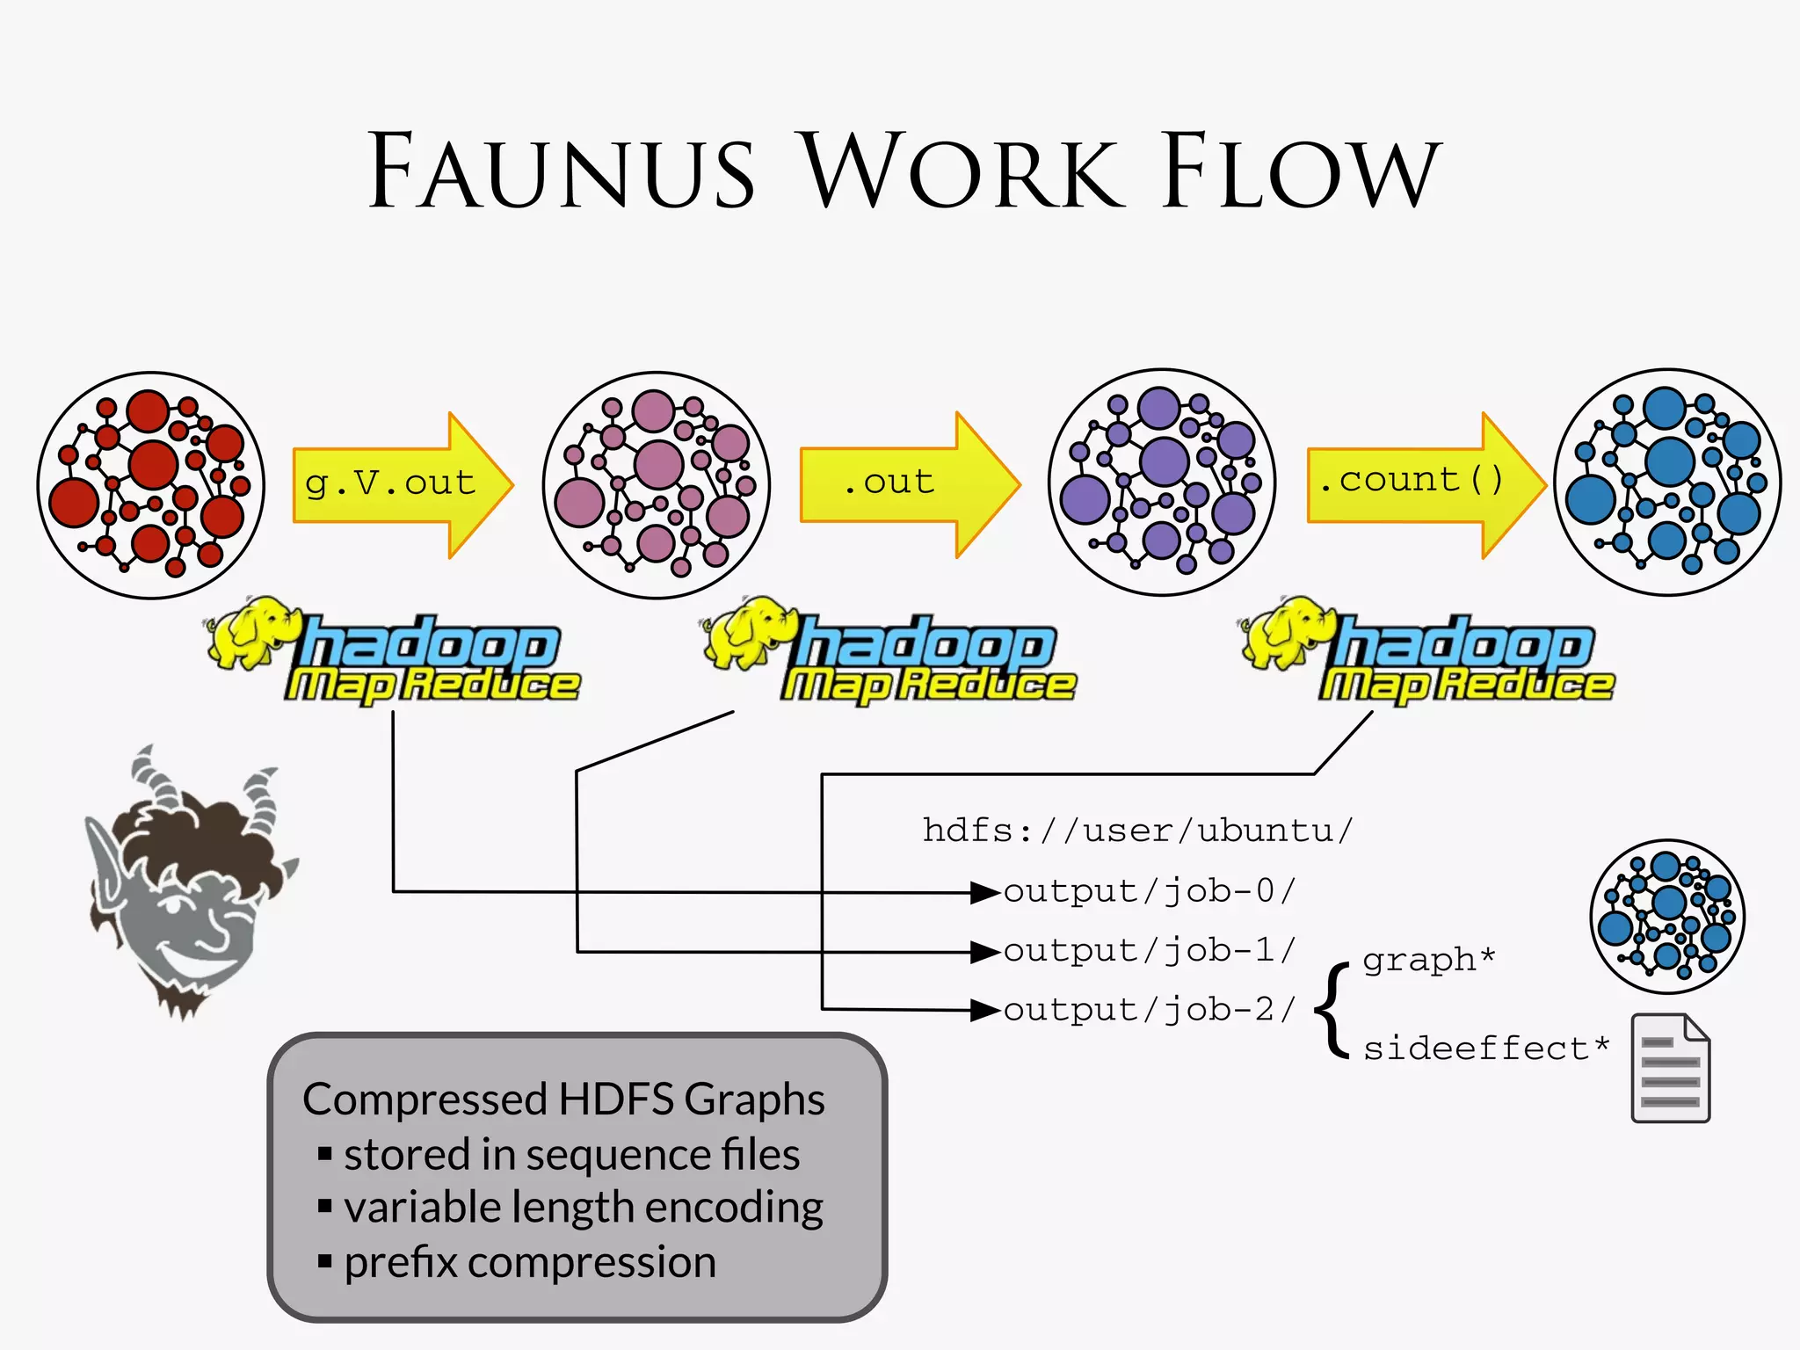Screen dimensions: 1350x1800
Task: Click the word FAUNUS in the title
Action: click(562, 171)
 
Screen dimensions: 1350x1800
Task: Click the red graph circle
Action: click(151, 484)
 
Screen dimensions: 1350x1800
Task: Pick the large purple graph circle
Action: click(1162, 482)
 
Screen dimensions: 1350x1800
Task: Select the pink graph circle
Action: click(657, 484)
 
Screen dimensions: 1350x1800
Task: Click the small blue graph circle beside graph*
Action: click(1667, 916)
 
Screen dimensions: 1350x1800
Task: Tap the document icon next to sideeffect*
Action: click(1670, 1068)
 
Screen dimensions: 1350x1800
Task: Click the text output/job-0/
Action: click(1150, 891)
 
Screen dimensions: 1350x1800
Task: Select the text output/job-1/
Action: click(1150, 950)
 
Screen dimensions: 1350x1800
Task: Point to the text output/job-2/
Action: click(1150, 1010)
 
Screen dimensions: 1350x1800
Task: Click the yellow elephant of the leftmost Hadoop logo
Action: click(250, 633)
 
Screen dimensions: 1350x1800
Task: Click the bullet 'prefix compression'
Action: click(529, 1262)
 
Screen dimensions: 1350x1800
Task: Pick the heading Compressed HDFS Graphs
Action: click(563, 1100)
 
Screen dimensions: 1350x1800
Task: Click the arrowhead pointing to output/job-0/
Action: click(984, 893)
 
